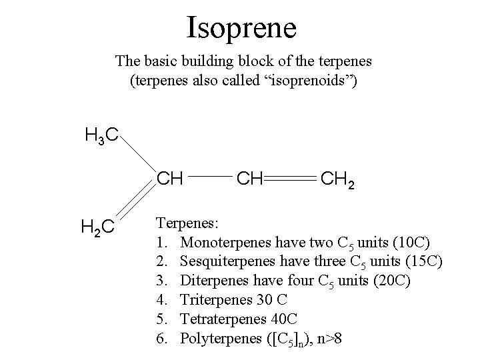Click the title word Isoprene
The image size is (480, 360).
coord(241,27)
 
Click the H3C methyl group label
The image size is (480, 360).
coord(102,137)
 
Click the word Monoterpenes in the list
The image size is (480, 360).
coord(223,240)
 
